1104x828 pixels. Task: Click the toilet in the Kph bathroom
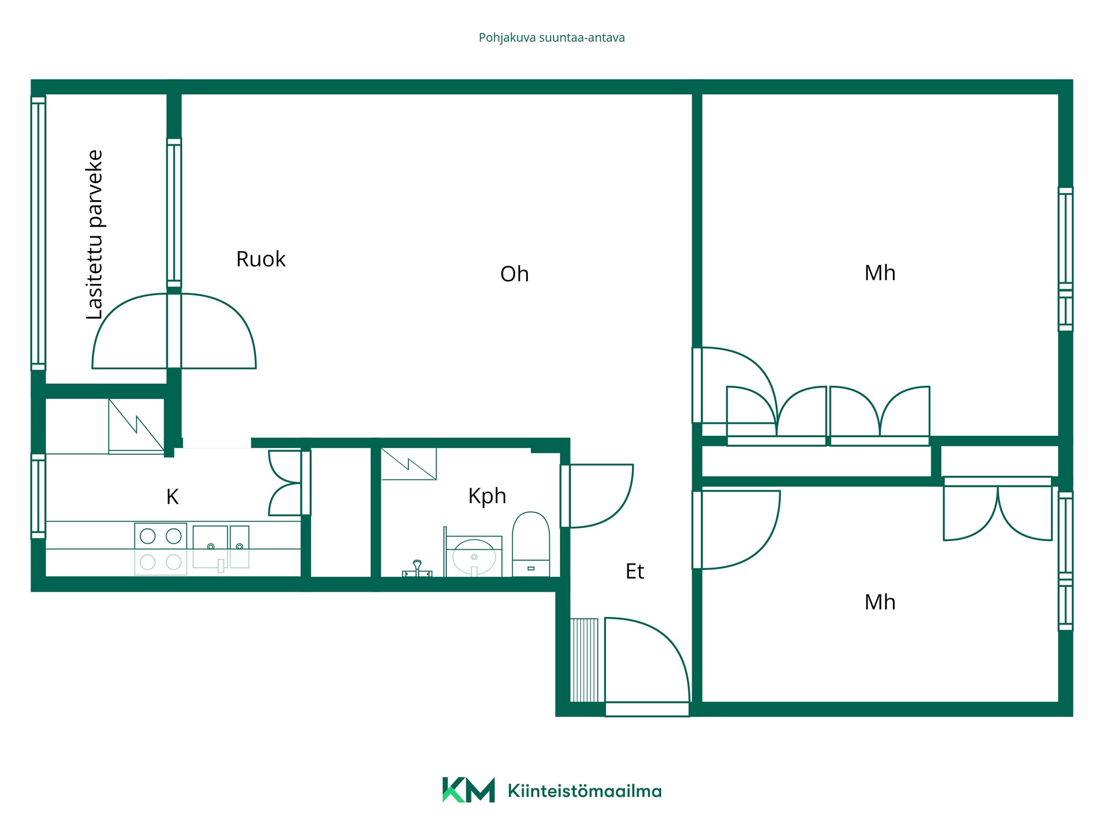(531, 544)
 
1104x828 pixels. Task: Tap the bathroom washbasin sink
(474, 557)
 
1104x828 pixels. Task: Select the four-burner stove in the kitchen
(160, 549)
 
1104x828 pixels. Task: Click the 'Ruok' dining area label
(260, 259)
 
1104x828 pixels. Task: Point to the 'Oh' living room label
(514, 274)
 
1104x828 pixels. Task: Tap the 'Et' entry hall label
(634, 572)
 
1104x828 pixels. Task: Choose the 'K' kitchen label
(172, 497)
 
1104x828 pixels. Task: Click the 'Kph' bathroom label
(487, 496)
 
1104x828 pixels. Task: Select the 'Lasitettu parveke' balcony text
(95, 235)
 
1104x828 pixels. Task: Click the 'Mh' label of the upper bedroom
(880, 273)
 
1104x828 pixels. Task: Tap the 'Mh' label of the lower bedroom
(880, 603)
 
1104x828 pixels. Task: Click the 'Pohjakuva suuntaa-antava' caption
(551, 38)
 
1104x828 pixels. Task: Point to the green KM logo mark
(468, 789)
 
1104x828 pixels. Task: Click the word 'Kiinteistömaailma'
(585, 791)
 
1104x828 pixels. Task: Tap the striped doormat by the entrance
(584, 660)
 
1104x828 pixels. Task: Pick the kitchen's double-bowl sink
(221, 547)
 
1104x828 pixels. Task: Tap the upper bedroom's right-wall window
(1065, 259)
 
